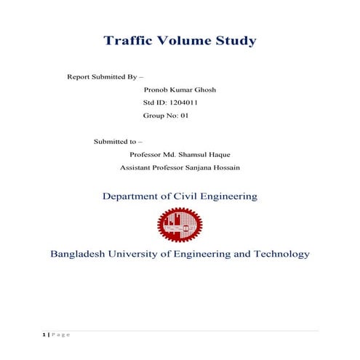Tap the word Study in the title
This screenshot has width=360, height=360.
234,41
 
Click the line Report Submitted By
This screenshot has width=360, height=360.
105,76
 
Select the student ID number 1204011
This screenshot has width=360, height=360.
182,103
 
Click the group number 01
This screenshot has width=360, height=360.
183,116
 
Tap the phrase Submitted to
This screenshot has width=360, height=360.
118,141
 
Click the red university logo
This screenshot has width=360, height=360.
180,225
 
